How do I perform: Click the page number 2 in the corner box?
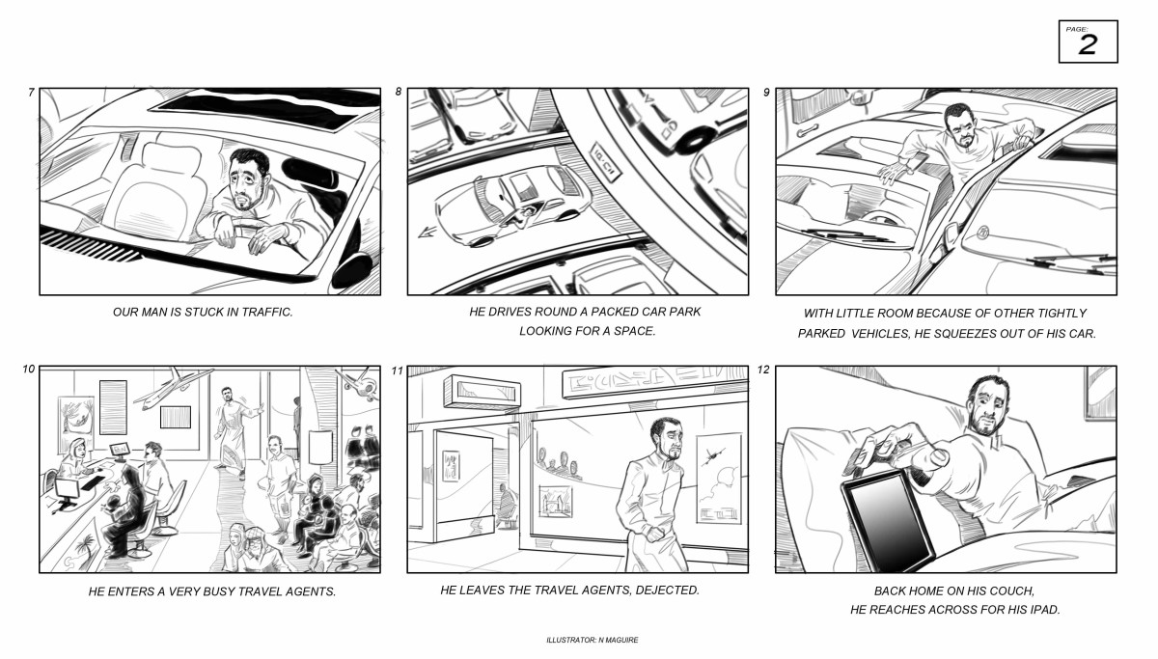(1088, 45)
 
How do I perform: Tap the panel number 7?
(32, 92)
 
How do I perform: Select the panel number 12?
(763, 370)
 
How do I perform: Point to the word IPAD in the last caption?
(1045, 610)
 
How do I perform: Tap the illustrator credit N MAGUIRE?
(618, 640)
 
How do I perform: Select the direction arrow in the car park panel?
(427, 233)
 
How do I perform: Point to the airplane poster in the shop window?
(718, 480)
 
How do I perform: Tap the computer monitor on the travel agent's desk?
(121, 452)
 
